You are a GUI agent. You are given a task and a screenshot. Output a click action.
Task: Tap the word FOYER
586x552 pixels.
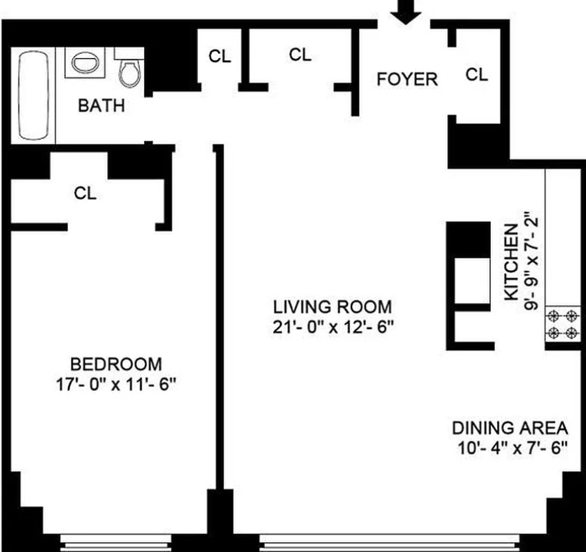pyautogui.click(x=407, y=79)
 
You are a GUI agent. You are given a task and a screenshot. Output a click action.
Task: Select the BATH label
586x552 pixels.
pyautogui.click(x=101, y=106)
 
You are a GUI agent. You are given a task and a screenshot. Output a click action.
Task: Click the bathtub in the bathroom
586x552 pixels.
pyautogui.click(x=32, y=96)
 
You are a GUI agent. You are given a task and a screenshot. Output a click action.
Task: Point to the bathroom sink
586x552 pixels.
pyautogui.click(x=84, y=64)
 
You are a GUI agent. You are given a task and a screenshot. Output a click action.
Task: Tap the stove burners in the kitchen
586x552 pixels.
pyautogui.click(x=561, y=325)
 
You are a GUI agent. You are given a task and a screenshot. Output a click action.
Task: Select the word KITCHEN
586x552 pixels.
pyautogui.click(x=511, y=262)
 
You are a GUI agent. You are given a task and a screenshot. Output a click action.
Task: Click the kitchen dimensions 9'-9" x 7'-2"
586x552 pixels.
pyautogui.click(x=531, y=262)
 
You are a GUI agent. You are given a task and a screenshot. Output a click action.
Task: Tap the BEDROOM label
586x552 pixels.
pyautogui.click(x=117, y=364)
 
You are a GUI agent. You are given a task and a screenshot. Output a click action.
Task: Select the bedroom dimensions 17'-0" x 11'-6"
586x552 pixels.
pyautogui.click(x=117, y=384)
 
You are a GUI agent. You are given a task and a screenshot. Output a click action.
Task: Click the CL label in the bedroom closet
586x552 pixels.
pyautogui.click(x=85, y=194)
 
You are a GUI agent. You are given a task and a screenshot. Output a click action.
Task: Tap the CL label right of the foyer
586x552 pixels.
pyautogui.click(x=476, y=75)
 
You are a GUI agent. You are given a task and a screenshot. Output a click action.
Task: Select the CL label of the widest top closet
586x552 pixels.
pyautogui.click(x=300, y=55)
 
